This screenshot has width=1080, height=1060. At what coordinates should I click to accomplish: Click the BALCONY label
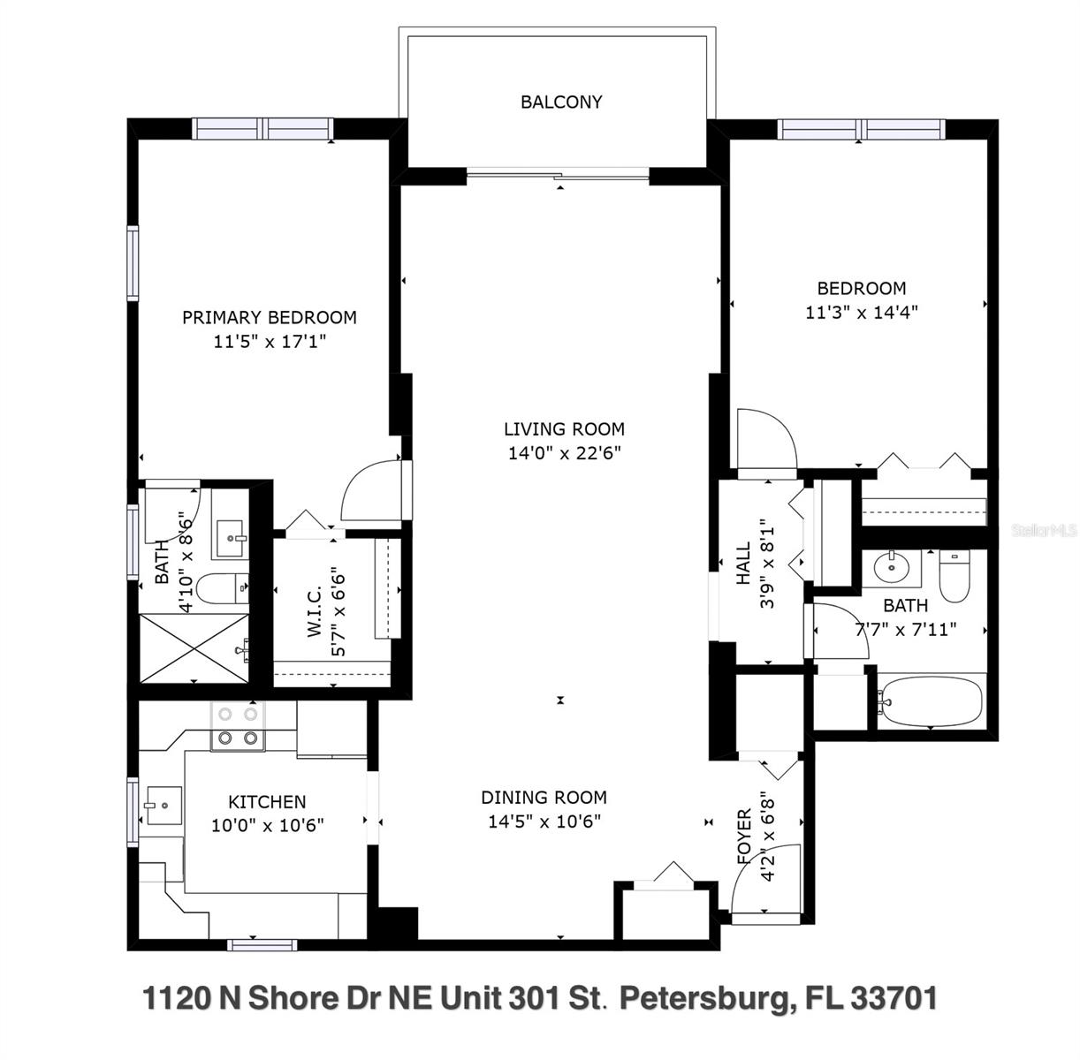pyautogui.click(x=561, y=102)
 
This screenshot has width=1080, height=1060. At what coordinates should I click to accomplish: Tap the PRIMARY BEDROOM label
pyautogui.click(x=270, y=318)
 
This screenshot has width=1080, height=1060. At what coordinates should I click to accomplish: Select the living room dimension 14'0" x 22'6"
pyautogui.click(x=565, y=452)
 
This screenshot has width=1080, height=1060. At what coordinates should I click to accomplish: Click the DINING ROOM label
pyautogui.click(x=544, y=798)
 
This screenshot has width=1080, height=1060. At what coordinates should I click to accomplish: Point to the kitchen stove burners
pyautogui.click(x=238, y=725)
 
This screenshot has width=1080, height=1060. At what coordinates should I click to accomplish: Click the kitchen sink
pyautogui.click(x=164, y=806)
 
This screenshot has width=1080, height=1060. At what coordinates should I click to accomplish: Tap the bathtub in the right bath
pyautogui.click(x=931, y=701)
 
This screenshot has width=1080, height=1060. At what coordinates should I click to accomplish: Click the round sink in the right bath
pyautogui.click(x=892, y=568)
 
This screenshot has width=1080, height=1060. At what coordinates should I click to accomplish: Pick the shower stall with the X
pyautogui.click(x=194, y=648)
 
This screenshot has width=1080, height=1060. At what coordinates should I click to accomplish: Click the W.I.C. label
pyautogui.click(x=315, y=611)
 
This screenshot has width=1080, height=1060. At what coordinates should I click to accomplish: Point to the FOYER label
pyautogui.click(x=744, y=836)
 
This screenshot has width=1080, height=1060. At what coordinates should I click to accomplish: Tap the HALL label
pyautogui.click(x=743, y=564)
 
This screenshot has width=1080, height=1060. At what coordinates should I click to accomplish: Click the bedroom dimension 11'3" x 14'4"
pyautogui.click(x=862, y=312)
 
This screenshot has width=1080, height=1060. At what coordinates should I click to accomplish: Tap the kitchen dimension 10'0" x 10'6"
pyautogui.click(x=267, y=825)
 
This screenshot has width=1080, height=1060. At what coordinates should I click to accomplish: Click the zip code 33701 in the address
pyautogui.click(x=894, y=998)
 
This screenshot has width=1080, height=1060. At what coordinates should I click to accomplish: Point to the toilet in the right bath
pyautogui.click(x=955, y=575)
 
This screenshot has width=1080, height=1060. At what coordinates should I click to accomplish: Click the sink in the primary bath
pyautogui.click(x=230, y=539)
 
